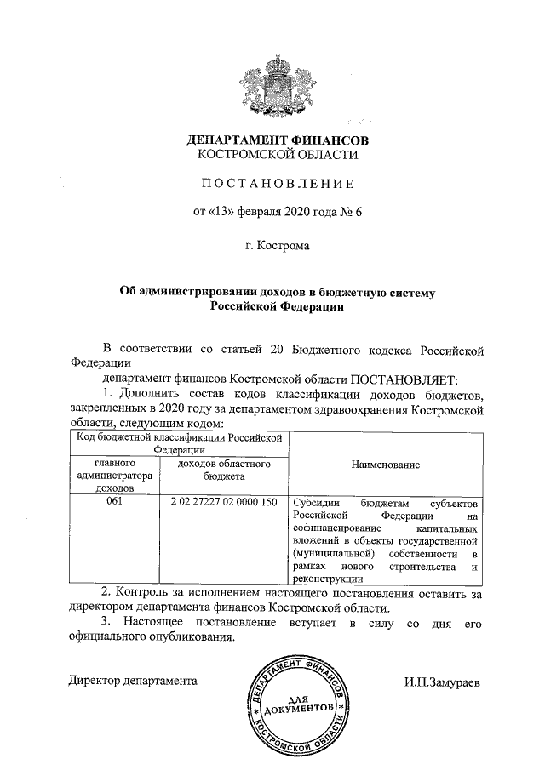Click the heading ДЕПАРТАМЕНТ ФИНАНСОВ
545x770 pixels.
(278, 140)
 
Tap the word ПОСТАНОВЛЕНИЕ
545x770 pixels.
(278, 183)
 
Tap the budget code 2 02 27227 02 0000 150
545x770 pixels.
(225, 502)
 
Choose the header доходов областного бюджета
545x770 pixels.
(225, 471)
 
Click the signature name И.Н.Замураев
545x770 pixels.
(442, 681)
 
